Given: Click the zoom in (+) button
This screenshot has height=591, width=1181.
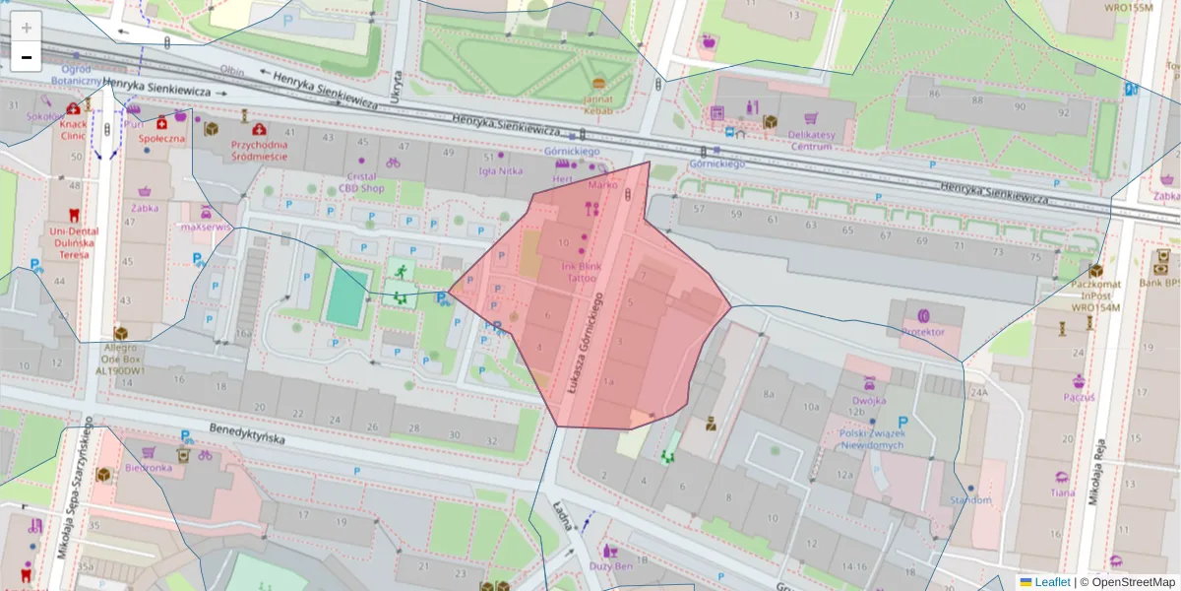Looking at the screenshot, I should coord(27,28).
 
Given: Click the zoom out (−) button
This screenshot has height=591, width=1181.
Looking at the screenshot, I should coord(27,57).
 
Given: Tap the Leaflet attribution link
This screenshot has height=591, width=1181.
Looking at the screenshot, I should coord(1051,582).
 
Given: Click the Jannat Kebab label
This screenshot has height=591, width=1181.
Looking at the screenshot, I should coord(597,104).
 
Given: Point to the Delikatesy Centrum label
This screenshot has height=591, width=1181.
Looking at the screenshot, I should coord(810,140).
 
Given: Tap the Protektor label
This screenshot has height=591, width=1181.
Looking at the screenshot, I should coord(922,332).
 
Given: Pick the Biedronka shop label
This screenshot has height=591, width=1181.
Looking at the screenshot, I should coord(148,468).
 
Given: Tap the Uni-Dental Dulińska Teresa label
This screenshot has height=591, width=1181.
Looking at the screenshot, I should coord(73,242).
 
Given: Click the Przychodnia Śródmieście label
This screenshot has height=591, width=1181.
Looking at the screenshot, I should coord(259,150).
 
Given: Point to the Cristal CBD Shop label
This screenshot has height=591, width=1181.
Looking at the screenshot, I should coord(360,182).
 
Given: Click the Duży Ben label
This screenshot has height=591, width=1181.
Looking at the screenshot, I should coord(610,566).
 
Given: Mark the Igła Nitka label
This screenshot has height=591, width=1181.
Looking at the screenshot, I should coord(500,170).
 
